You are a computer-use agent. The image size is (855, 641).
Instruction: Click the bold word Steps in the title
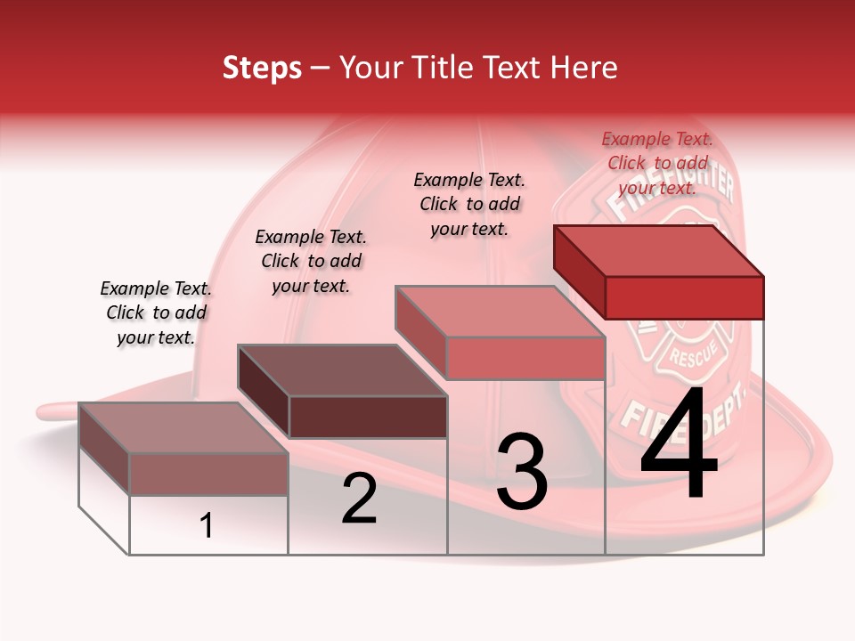coord(262,68)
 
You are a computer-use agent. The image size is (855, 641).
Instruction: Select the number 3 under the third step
coord(522,471)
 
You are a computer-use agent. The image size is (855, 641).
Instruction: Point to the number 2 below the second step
coord(360,499)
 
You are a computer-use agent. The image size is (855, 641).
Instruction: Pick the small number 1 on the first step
coord(207,526)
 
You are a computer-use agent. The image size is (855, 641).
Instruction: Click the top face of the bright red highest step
coord(659,250)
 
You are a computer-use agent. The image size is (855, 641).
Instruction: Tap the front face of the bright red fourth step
coord(684,297)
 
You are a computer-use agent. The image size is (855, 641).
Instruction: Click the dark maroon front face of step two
coord(368,417)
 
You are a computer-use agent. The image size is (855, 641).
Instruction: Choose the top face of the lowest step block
coord(183,427)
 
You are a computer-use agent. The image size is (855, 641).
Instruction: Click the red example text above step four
coord(657,163)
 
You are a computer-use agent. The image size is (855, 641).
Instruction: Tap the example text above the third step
coord(469,204)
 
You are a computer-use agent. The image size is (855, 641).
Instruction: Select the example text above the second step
coord(311,261)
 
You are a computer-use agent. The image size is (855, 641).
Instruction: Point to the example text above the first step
coord(156,312)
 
